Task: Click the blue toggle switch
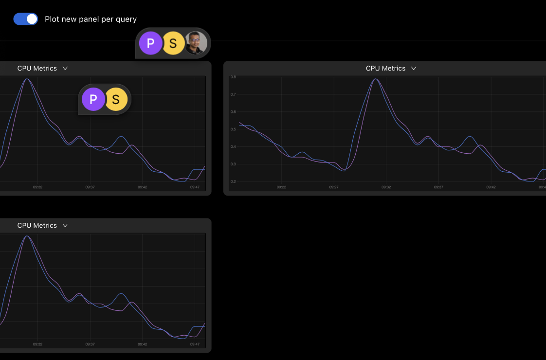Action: [25, 19]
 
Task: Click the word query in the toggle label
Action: [126, 19]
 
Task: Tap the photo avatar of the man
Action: [197, 43]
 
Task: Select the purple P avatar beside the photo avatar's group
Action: [150, 43]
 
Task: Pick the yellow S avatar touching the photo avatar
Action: [173, 43]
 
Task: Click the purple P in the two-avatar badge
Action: [93, 99]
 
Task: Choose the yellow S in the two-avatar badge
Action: [116, 99]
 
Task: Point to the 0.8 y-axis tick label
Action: [233, 77]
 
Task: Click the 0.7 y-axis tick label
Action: [233, 94]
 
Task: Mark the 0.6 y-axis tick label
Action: [233, 112]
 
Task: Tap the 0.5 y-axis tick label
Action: [233, 129]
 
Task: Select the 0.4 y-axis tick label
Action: [233, 146]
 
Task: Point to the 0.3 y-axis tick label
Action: [233, 164]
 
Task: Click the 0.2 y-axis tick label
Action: [233, 181]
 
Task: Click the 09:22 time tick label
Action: [281, 187]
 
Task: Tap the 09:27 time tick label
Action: [334, 187]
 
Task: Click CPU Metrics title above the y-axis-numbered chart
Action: [385, 69]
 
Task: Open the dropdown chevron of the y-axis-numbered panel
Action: [414, 69]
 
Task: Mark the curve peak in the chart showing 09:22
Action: [375, 79]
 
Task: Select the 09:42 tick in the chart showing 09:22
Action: [491, 187]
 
